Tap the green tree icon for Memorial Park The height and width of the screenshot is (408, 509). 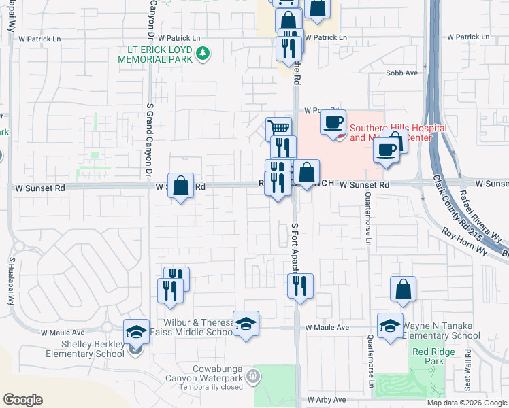pyautogui.click(x=202, y=53)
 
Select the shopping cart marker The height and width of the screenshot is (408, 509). pyautogui.click(x=278, y=129)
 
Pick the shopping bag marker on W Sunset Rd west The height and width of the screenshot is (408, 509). pyautogui.click(x=181, y=186)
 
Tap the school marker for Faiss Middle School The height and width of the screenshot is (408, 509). pyautogui.click(x=246, y=324)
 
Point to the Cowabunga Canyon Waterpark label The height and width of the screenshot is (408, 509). pyautogui.click(x=210, y=379)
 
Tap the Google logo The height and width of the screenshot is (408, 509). pyautogui.click(x=22, y=400)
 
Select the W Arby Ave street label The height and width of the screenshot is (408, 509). pyautogui.click(x=327, y=400)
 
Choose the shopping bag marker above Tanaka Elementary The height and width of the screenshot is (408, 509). pyautogui.click(x=403, y=289)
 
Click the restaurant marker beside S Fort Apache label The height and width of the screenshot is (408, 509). pyautogui.click(x=299, y=286)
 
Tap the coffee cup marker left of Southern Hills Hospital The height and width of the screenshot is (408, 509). pyautogui.click(x=333, y=123)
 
